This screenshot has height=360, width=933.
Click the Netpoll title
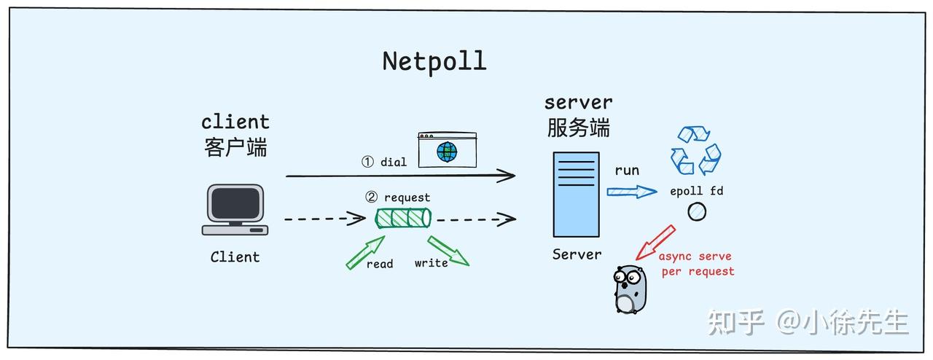(x=434, y=61)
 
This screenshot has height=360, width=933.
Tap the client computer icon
(x=235, y=210)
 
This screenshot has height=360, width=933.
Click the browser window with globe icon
(x=446, y=150)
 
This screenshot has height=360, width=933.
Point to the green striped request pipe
(x=403, y=218)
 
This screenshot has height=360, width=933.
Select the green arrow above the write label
(x=448, y=250)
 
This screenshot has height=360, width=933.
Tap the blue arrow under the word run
(x=632, y=192)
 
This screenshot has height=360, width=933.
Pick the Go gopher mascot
(x=630, y=289)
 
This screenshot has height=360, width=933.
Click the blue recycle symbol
(x=695, y=151)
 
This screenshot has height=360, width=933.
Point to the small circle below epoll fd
(x=697, y=212)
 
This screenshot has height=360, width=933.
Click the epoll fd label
(x=696, y=192)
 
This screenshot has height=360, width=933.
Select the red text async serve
(x=695, y=257)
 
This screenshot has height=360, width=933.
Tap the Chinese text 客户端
(x=235, y=147)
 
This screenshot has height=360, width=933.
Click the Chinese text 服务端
(x=578, y=128)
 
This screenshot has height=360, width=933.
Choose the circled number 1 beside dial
(x=368, y=162)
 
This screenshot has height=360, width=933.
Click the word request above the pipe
(x=407, y=197)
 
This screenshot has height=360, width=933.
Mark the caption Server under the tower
(x=577, y=254)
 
